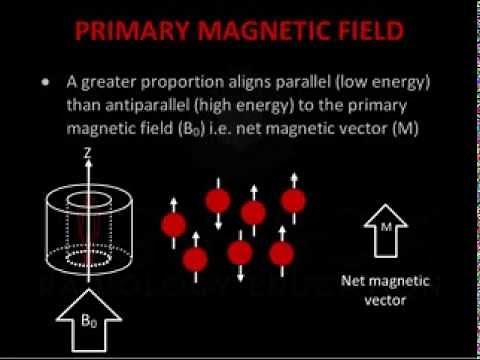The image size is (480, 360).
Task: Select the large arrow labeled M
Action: click(384, 233)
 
